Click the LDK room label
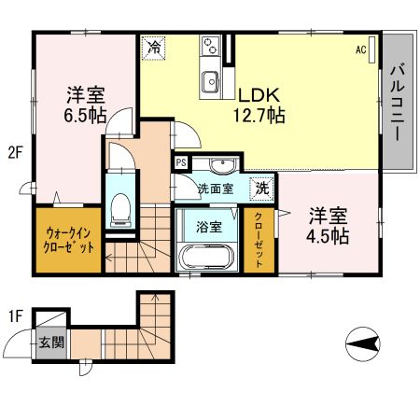259,95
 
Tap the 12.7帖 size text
259,115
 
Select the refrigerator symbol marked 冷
153,48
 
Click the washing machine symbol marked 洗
262,188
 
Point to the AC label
361,49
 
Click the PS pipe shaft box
181,162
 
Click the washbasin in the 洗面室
223,165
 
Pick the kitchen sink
210,82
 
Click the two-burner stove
211,46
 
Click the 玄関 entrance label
51,343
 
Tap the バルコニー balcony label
398,102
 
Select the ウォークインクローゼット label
68,240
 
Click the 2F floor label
16,153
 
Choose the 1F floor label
16,316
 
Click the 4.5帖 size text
328,236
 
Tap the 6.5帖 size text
85,115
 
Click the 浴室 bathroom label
209,227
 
